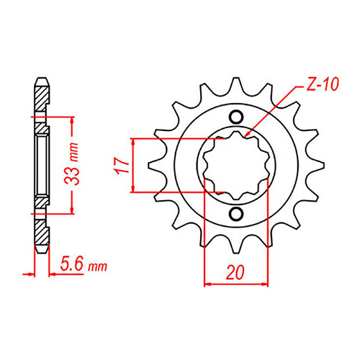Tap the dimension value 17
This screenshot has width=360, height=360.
123,166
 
